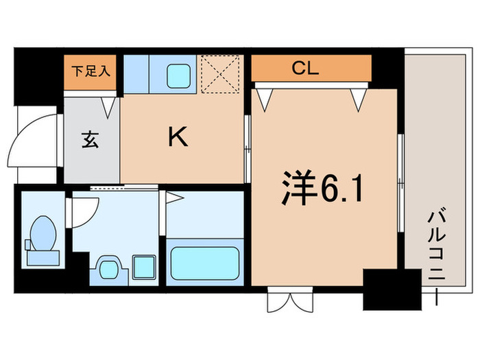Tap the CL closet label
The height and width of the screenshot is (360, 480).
point(309,68)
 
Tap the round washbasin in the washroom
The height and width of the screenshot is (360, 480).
point(108,266)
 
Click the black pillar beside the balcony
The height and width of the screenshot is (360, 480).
point(391,291)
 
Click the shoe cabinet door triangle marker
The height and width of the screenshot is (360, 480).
point(108,106)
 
